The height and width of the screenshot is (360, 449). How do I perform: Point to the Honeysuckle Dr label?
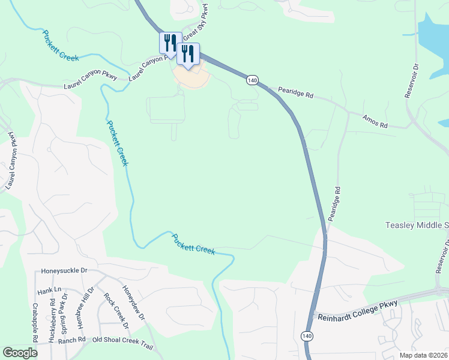(68, 271)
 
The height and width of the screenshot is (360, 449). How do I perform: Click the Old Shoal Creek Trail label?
(122, 341)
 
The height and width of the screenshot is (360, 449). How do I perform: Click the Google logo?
(20, 353)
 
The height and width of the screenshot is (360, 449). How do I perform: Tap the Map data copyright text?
(423, 355)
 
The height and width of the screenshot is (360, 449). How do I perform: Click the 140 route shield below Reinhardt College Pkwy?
(307, 336)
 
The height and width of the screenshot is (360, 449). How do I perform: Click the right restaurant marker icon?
(187, 53)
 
